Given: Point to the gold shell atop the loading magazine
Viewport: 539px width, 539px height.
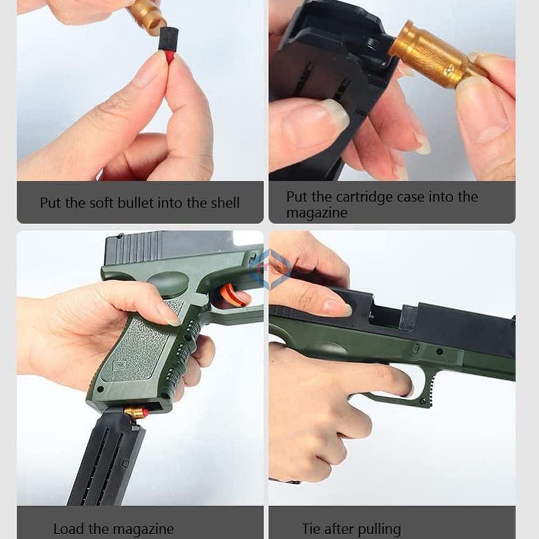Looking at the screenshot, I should click(x=135, y=412).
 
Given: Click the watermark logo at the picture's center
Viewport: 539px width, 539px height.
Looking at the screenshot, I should click(x=270, y=267).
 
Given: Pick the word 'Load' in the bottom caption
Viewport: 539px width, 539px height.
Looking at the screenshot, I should click(x=68, y=529).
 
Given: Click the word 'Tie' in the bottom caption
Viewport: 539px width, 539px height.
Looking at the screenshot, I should click(x=312, y=529).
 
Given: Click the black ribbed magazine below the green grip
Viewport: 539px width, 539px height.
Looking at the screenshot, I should click(x=108, y=458).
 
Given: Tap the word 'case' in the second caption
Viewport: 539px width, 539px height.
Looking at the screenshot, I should click(x=411, y=197).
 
